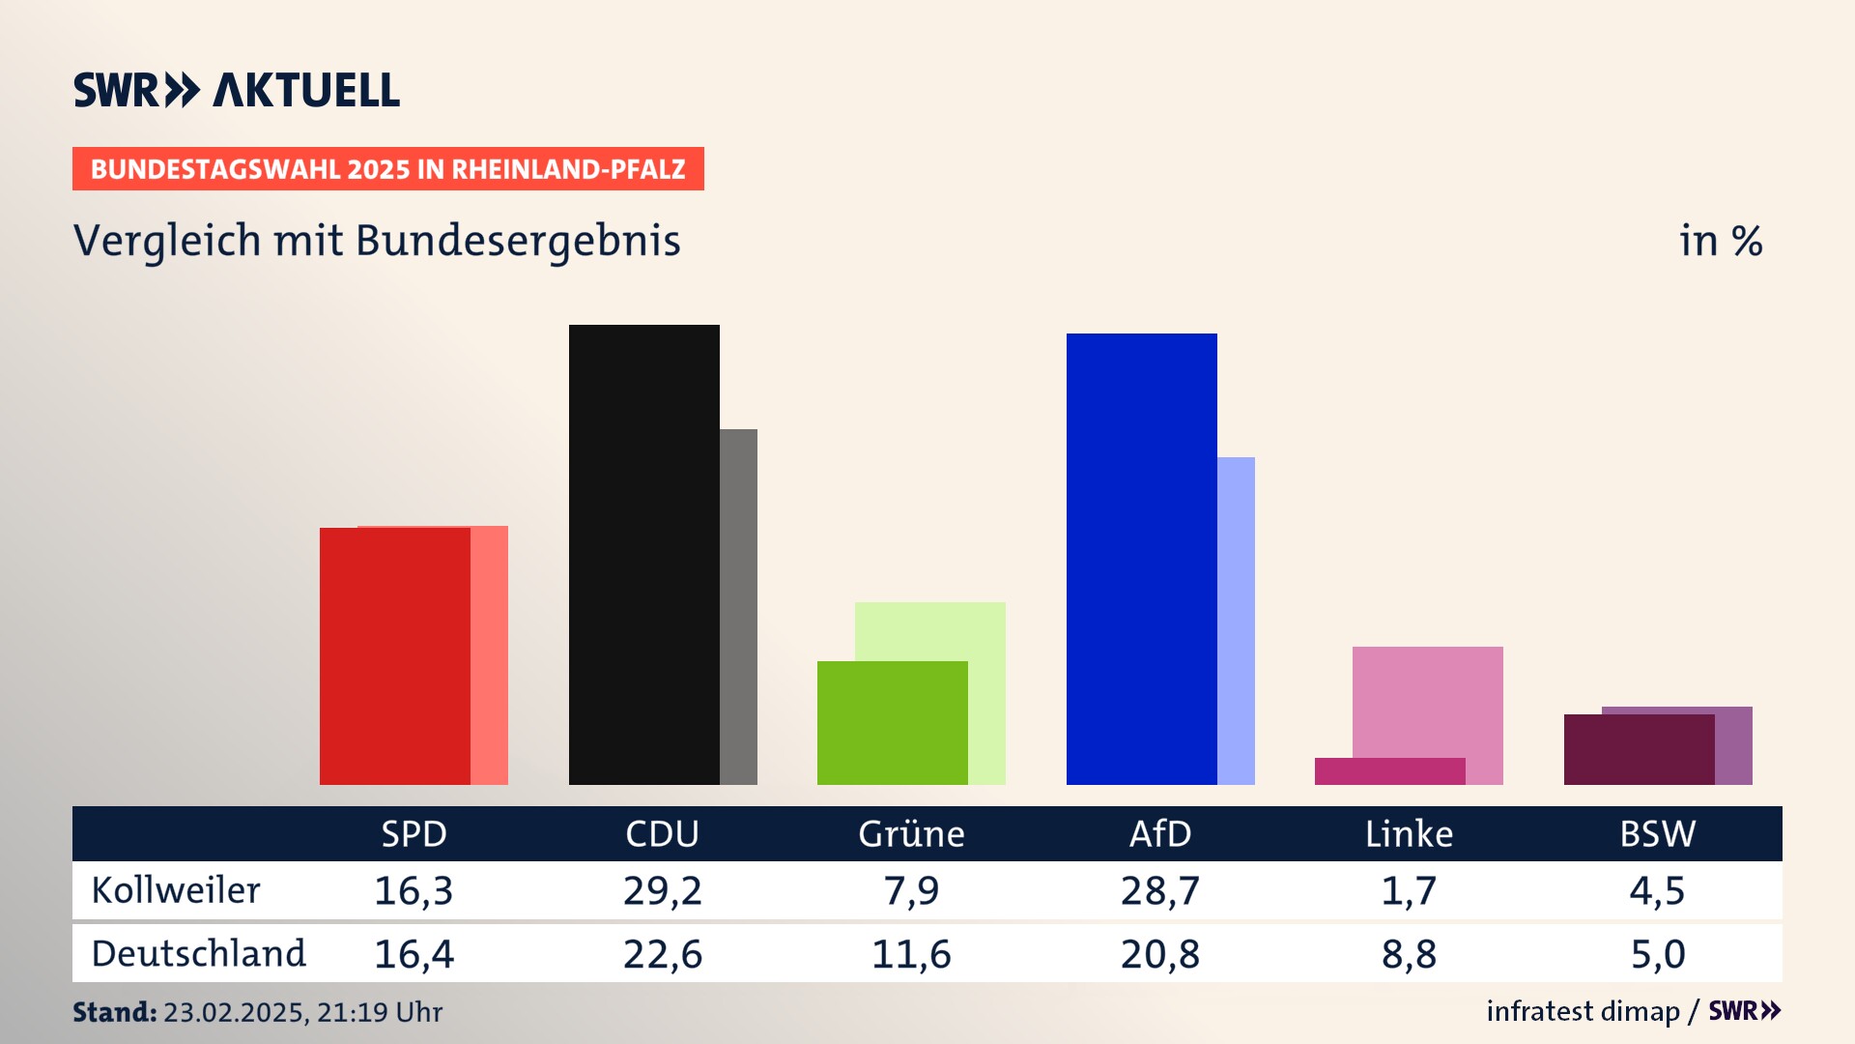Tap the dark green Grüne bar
tap(892, 722)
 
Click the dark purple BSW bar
tap(1639, 749)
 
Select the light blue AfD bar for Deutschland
tap(1236, 620)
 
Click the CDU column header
tap(662, 834)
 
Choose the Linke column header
tap(1409, 834)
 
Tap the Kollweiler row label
tap(176, 890)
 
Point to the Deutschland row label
tap(198, 954)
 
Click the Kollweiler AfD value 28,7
tap(1159, 890)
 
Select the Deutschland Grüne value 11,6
tap(911, 954)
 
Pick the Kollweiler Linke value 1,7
tap(1409, 890)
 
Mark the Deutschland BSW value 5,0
tap(1658, 954)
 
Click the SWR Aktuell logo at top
tap(237, 90)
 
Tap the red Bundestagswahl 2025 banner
tap(387, 169)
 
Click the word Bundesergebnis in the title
tap(518, 241)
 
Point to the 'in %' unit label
tap(1721, 241)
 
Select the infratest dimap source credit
tap(1583, 1011)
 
